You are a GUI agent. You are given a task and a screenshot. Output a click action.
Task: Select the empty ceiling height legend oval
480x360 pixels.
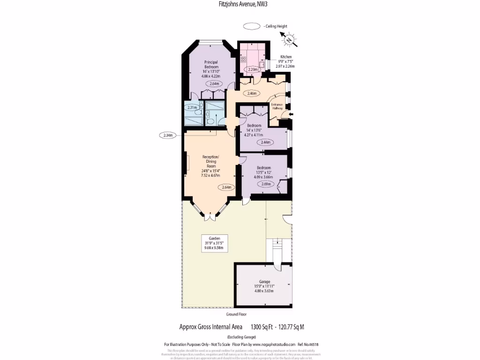[x=253, y=27]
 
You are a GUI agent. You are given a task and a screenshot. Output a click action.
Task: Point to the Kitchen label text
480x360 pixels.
[x=285, y=57]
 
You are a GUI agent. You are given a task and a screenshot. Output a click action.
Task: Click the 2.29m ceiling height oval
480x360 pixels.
[x=253, y=69]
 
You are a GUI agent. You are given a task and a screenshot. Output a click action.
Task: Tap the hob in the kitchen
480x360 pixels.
[x=244, y=60]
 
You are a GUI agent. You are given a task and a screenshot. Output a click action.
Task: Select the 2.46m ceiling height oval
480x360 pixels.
[x=251, y=93]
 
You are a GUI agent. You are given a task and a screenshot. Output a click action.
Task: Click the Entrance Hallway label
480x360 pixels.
[x=278, y=106]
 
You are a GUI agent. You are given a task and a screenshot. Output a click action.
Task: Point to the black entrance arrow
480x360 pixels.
[x=291, y=114]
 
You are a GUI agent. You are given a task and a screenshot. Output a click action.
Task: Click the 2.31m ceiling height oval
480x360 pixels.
[x=192, y=107]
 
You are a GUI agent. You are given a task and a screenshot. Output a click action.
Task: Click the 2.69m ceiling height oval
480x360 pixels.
[x=265, y=184]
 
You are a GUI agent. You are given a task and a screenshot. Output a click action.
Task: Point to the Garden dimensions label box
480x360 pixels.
[x=215, y=243]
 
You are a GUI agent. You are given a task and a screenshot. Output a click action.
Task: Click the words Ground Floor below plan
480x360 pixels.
[x=236, y=314]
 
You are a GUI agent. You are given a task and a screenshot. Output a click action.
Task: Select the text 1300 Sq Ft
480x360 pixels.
[x=262, y=327]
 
